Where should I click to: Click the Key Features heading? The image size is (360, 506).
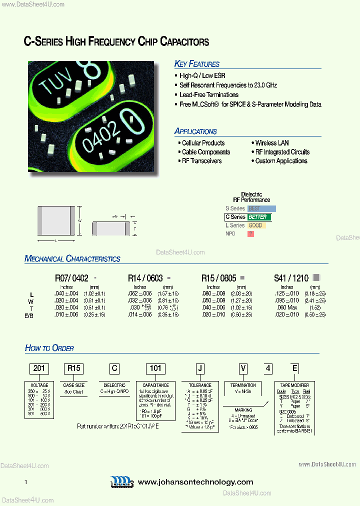pyautogui.click(x=196, y=64)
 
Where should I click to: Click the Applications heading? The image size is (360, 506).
pyautogui.click(x=195, y=131)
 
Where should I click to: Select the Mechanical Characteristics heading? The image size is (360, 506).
pyautogui.click(x=72, y=259)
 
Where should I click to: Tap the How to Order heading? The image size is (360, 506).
pyautogui.click(x=49, y=348)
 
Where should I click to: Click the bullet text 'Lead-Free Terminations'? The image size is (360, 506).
pyautogui.click(x=209, y=95)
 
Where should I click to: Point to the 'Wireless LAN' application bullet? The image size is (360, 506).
pyautogui.click(x=271, y=143)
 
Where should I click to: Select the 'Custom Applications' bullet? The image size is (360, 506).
pyautogui.click(x=281, y=161)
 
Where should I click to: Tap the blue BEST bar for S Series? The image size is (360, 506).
pyautogui.click(x=261, y=208)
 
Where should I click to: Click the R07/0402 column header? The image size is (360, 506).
pyautogui.click(x=71, y=278)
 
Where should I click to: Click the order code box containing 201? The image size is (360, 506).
pyautogui.click(x=39, y=369)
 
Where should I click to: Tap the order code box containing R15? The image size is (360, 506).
pyautogui.click(x=73, y=369)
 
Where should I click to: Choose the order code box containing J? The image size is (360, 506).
pyautogui.click(x=200, y=369)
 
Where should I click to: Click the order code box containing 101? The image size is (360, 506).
pyautogui.click(x=155, y=369)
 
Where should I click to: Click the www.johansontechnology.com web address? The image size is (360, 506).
pyautogui.click(x=195, y=482)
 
